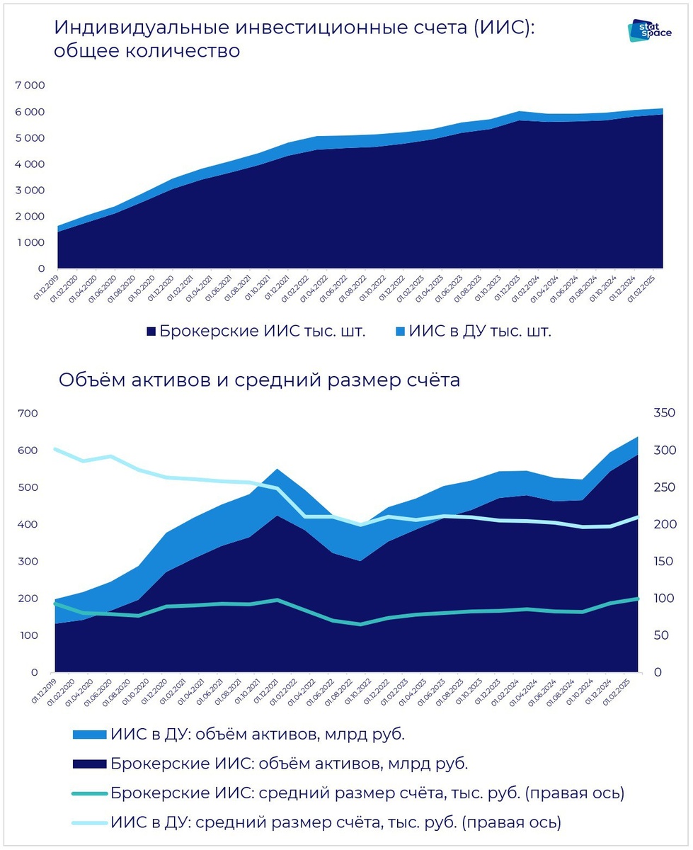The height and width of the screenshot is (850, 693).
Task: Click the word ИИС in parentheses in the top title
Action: click(505, 28)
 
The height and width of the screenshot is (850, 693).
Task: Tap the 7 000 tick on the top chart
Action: click(30, 86)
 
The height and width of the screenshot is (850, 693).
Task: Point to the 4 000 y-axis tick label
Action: click(30, 164)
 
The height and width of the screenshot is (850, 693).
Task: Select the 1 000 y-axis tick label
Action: click(30, 243)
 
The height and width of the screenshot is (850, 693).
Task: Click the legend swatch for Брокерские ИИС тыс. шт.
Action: click(150, 332)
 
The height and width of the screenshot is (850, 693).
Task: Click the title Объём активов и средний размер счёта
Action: click(259, 380)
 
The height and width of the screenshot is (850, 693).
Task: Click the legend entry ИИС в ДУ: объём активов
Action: click(258, 735)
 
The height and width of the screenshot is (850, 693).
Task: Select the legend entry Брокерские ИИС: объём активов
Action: click(289, 764)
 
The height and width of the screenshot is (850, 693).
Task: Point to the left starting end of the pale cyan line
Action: click(56, 449)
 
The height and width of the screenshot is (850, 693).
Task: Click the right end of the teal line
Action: click(638, 599)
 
